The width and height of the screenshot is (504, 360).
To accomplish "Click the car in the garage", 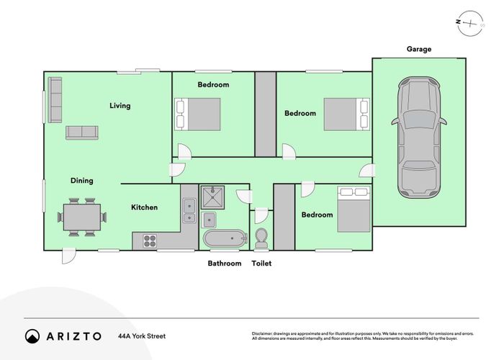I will point(418,138).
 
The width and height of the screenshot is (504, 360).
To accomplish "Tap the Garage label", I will point(418,50).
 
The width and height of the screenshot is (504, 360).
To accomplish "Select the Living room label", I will point(120,106).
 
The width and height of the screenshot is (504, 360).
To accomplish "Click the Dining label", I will point(81,181).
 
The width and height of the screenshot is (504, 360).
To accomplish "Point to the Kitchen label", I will point(144,207).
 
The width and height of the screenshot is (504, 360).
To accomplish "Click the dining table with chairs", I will point(81,217).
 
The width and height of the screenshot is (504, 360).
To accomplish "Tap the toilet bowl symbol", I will point(261,237).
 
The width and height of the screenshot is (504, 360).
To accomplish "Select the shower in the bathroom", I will point(214,197).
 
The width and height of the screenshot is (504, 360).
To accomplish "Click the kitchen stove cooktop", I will point(150,241).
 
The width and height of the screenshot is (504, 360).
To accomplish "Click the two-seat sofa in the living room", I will point(81,132).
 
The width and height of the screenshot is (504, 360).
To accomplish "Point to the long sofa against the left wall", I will point(55,101).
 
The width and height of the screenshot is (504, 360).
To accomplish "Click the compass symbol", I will point(471,22).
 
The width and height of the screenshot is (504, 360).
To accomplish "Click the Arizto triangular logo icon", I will point(32,336).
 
